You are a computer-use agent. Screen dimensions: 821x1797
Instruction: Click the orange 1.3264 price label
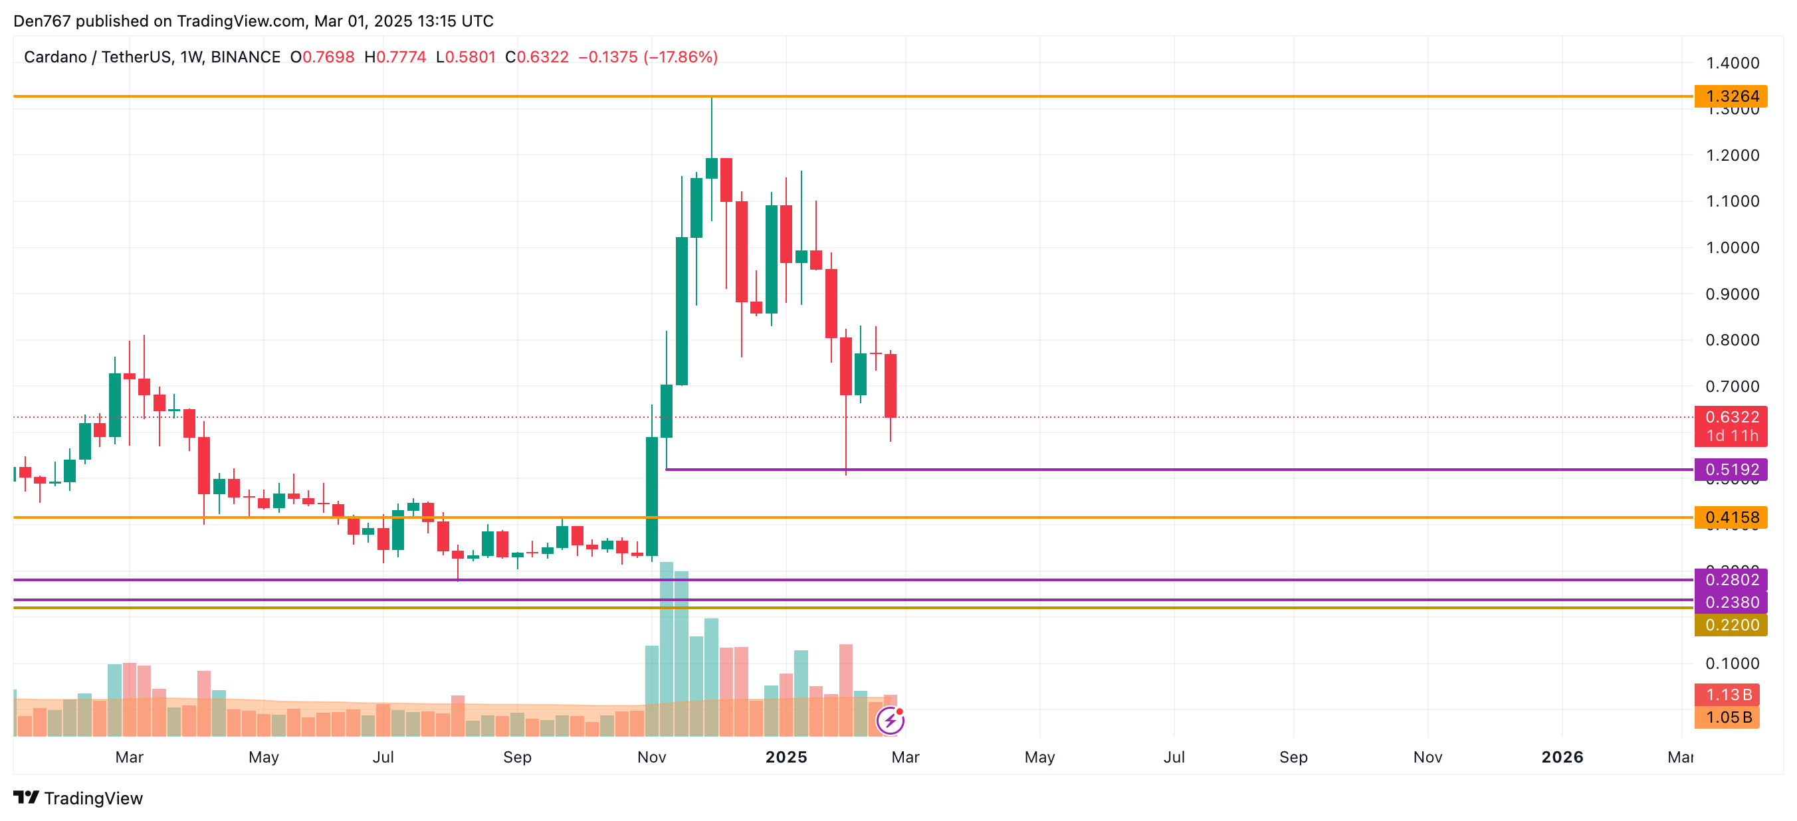pyautogui.click(x=1731, y=96)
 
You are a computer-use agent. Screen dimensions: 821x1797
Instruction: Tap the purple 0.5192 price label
pyautogui.click(x=1731, y=470)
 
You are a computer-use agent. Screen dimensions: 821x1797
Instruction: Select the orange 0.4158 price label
pyautogui.click(x=1731, y=517)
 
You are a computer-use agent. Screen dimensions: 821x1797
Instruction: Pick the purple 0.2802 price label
pyautogui.click(x=1731, y=580)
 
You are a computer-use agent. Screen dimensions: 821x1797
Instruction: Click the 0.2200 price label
pyautogui.click(x=1731, y=625)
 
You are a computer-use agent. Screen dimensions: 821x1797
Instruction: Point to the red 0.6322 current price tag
pyautogui.click(x=1731, y=418)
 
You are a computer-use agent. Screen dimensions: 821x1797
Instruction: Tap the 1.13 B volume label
pyautogui.click(x=1727, y=695)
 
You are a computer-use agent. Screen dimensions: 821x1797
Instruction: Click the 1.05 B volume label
pyautogui.click(x=1727, y=717)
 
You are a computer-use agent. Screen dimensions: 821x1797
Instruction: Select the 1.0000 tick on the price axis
pyautogui.click(x=1731, y=248)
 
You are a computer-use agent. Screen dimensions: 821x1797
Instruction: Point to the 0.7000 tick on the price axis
pyautogui.click(x=1731, y=387)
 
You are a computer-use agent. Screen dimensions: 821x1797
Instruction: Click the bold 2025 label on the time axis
pyautogui.click(x=786, y=757)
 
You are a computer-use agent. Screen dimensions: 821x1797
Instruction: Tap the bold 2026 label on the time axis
pyautogui.click(x=1562, y=757)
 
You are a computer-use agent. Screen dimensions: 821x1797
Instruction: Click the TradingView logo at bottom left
pyautogui.click(x=78, y=798)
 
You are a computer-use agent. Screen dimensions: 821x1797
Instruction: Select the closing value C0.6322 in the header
pyautogui.click(x=537, y=57)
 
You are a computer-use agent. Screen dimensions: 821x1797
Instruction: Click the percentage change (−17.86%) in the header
pyautogui.click(x=680, y=57)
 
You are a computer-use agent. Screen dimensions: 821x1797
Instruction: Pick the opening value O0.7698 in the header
pyautogui.click(x=322, y=57)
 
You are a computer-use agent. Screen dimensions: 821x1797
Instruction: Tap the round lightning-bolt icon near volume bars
pyautogui.click(x=890, y=721)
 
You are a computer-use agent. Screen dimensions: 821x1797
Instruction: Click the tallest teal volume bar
pyautogui.click(x=666, y=649)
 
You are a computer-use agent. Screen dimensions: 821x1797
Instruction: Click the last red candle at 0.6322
pyautogui.click(x=890, y=386)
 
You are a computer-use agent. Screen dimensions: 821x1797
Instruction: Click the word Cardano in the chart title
pyautogui.click(x=55, y=57)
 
